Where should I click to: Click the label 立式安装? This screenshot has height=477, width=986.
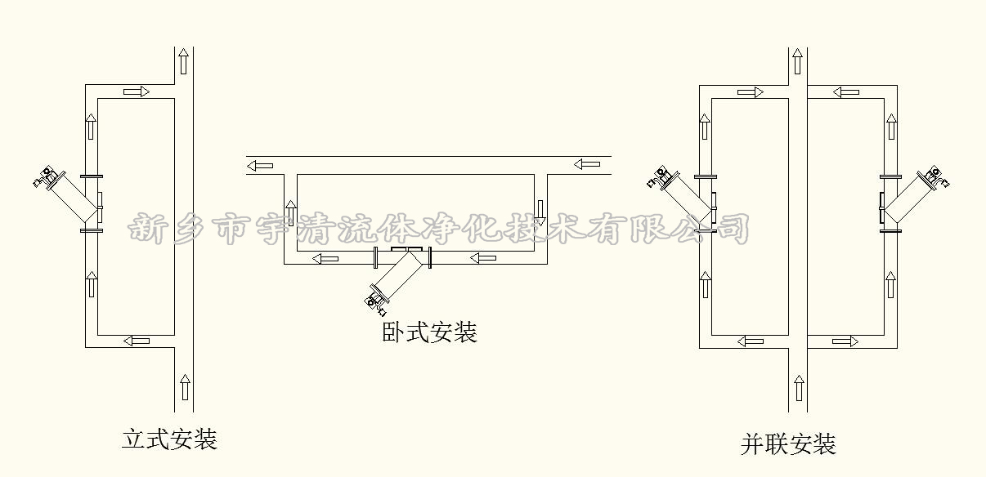coord(169,439)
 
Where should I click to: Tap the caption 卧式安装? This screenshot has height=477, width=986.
coord(429,332)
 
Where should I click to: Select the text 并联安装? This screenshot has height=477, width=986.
coord(788,444)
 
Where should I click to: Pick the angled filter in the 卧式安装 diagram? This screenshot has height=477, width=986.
coord(396,277)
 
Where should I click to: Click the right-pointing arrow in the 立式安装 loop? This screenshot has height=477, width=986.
coord(136,91)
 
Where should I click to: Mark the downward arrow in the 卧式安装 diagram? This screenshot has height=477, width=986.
coord(540,212)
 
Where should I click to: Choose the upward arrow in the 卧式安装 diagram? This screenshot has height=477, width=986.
coord(290,212)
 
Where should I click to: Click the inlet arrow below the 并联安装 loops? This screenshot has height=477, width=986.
coord(799,388)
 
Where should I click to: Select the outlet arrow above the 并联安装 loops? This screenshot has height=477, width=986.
coord(799,61)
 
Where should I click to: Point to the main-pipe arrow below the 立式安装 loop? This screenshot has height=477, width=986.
coord(185,387)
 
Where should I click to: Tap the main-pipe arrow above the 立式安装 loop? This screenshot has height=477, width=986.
coord(183,61)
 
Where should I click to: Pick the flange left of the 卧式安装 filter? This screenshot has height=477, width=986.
coord(375,258)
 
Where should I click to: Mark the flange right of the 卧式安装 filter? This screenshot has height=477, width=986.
coord(429,258)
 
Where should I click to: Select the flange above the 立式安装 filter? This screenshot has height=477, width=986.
coord(92,176)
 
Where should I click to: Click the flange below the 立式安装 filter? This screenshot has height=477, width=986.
coord(92,231)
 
